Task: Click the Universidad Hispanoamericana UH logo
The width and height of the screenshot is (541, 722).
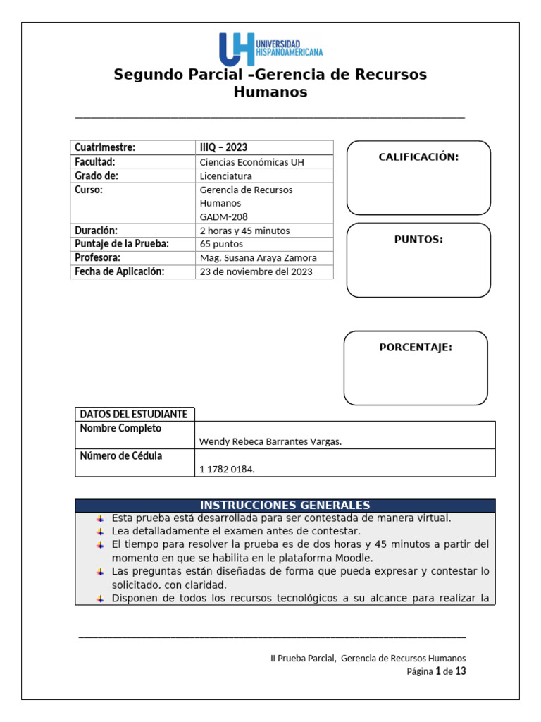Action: [x=270, y=49]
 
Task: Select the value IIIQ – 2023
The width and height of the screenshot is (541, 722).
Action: [x=223, y=147]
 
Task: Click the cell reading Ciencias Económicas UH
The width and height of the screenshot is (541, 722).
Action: [x=252, y=162]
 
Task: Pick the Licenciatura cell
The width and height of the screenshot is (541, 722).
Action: [x=225, y=176]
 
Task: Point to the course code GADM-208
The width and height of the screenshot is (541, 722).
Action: [x=224, y=217]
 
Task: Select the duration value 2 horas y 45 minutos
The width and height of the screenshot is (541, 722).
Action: [x=244, y=231]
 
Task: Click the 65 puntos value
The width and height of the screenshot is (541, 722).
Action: [x=221, y=244]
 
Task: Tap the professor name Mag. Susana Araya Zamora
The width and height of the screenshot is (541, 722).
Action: [x=258, y=258]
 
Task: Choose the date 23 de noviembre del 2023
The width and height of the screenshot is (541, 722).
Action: [x=256, y=271]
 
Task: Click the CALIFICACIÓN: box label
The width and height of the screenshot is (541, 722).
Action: [x=418, y=157]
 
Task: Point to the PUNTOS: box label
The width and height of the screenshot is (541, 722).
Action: [x=418, y=240]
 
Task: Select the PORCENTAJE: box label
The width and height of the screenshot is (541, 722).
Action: [x=416, y=348]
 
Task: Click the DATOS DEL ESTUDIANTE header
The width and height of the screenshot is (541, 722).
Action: [x=133, y=414]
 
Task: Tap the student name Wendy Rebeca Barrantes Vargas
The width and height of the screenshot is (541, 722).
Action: [x=270, y=442]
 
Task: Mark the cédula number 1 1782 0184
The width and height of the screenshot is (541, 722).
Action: [x=227, y=470]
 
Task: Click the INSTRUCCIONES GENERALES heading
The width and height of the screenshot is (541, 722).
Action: [x=285, y=506]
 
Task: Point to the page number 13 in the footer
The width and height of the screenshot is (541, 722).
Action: [x=460, y=671]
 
